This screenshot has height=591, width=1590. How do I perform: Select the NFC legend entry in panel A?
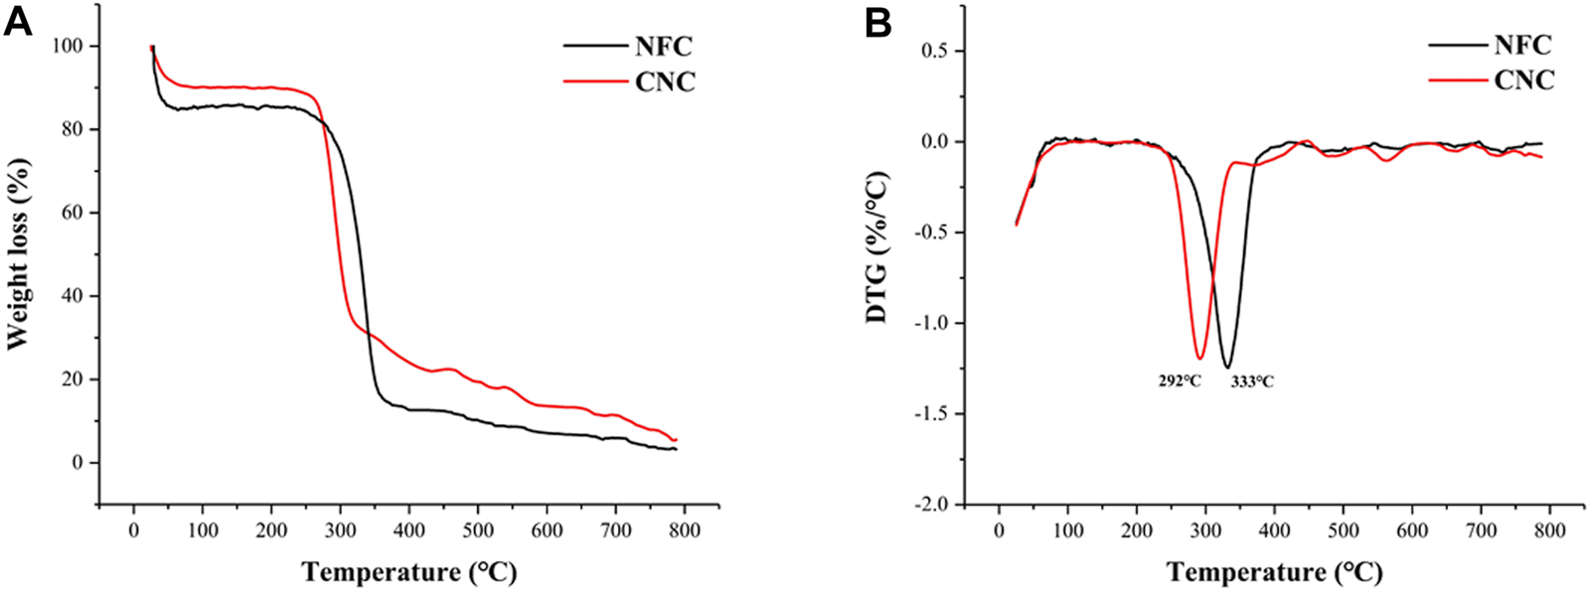coord(665,46)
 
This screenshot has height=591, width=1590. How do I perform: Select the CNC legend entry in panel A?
coord(665,81)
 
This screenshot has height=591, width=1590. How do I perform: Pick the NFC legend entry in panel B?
coord(1521,45)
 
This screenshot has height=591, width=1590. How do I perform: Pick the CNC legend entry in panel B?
coord(1523,80)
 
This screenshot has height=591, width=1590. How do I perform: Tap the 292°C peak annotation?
coord(1180,381)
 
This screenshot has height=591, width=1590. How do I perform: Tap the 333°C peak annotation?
coord(1251,381)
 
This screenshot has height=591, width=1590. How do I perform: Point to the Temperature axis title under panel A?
coord(409,572)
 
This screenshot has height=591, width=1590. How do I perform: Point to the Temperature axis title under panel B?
coord(1274,572)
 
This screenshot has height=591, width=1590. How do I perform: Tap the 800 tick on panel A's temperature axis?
coord(684,529)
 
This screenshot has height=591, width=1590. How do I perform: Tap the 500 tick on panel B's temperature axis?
coord(1343,529)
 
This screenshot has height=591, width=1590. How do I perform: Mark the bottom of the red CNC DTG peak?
coord(1200,358)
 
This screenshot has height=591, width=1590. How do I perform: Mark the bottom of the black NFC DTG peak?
coord(1228,367)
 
